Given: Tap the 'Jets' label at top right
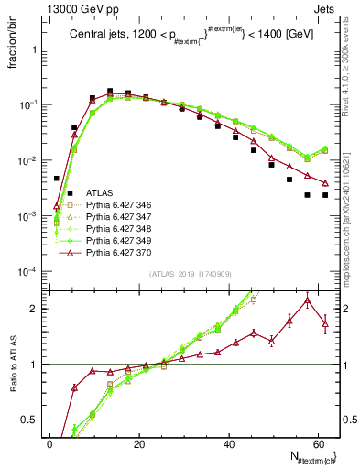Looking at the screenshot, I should tap(327, 8).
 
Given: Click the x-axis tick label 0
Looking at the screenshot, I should tap(49, 443).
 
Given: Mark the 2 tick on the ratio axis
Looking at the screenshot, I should tap(37, 309).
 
